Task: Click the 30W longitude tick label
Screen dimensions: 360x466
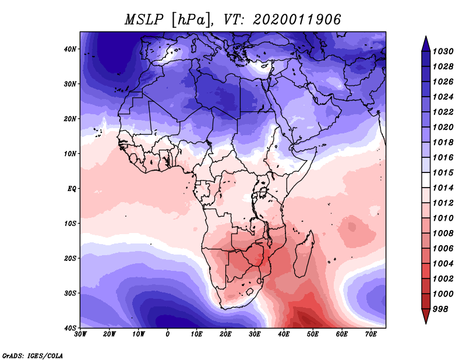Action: coord(80,334)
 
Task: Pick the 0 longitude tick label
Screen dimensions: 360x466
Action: coord(168,334)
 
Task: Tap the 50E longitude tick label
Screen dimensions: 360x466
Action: coord(313,334)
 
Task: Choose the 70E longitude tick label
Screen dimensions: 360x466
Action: coord(371,334)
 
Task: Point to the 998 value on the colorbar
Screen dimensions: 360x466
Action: coord(440,309)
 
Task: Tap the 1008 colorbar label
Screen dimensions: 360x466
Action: coord(440,233)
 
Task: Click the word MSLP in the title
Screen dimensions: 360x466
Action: coord(144,19)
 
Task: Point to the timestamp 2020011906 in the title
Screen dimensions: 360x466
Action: coord(297,19)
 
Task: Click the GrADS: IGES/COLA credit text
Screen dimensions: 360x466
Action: coord(33,355)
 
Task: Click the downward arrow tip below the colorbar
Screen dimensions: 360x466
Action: coord(426,320)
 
